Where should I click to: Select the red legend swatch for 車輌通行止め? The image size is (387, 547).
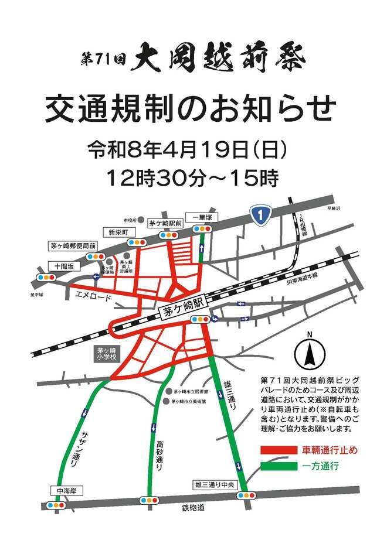pos(279,450)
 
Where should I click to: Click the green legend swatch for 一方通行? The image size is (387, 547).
pos(279,467)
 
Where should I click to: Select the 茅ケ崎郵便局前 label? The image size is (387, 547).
pos(74,247)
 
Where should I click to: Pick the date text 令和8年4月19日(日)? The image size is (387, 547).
pos(188,151)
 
